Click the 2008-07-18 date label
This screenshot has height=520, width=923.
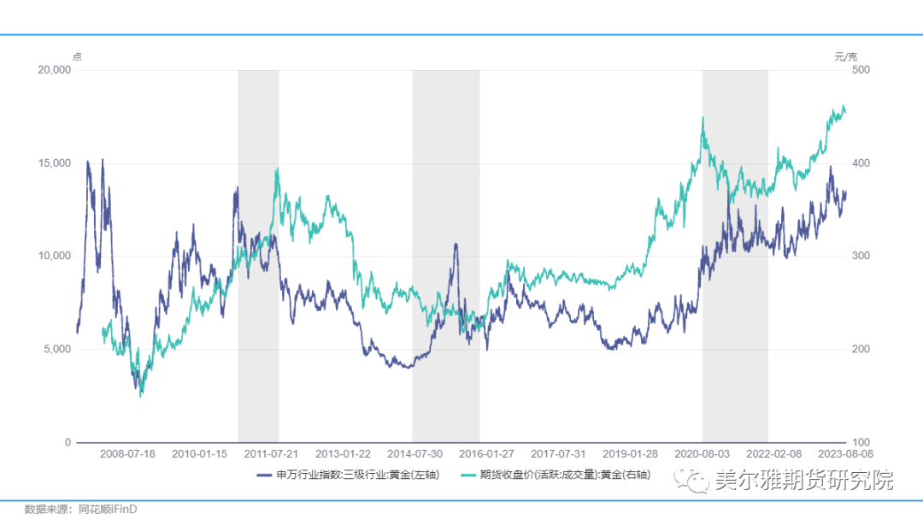[127, 453]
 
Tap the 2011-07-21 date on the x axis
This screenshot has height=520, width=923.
[271, 453]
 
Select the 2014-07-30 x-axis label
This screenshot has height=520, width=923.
[414, 453]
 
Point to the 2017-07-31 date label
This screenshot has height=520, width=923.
[558, 453]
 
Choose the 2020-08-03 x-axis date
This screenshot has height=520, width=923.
[702, 453]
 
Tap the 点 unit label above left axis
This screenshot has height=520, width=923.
[77, 56]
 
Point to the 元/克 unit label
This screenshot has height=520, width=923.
[845, 56]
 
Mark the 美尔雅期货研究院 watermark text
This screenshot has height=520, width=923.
[803, 480]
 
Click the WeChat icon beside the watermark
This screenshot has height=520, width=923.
[694, 481]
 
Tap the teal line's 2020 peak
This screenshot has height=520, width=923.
[703, 118]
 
